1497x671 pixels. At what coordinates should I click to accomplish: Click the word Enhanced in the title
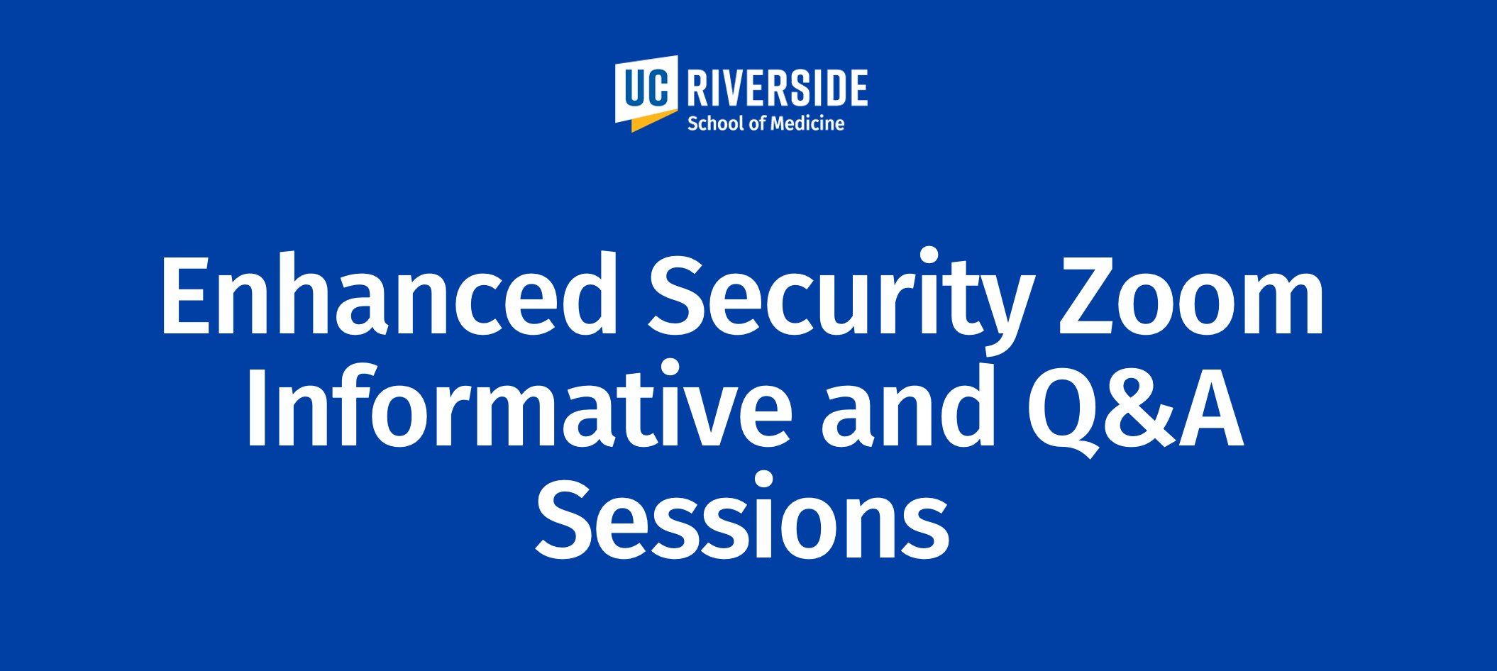(390, 294)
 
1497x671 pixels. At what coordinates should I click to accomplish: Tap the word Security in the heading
(841, 301)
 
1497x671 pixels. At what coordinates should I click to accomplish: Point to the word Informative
(519, 404)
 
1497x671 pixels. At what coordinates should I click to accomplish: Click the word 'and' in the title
(908, 404)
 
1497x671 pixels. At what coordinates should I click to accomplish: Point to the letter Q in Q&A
(1063, 411)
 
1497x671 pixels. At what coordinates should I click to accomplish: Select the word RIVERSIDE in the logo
(777, 88)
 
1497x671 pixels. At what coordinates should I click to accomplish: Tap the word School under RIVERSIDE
(716, 123)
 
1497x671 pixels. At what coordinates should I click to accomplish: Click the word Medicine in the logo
(807, 123)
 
